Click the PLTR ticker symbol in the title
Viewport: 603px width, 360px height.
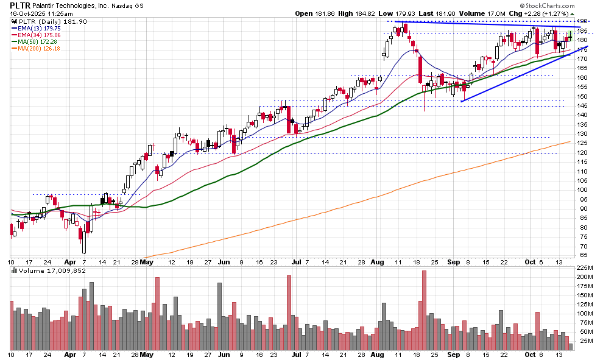21,5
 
